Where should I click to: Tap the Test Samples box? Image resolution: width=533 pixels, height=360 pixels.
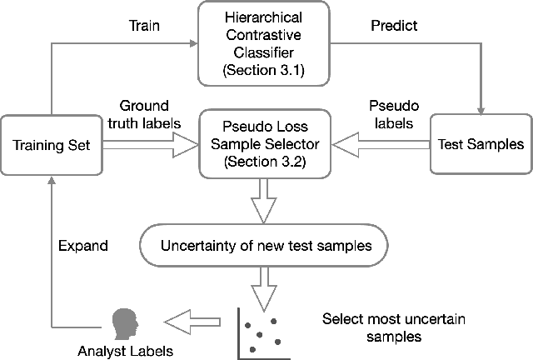pyautogui.click(x=480, y=144)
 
